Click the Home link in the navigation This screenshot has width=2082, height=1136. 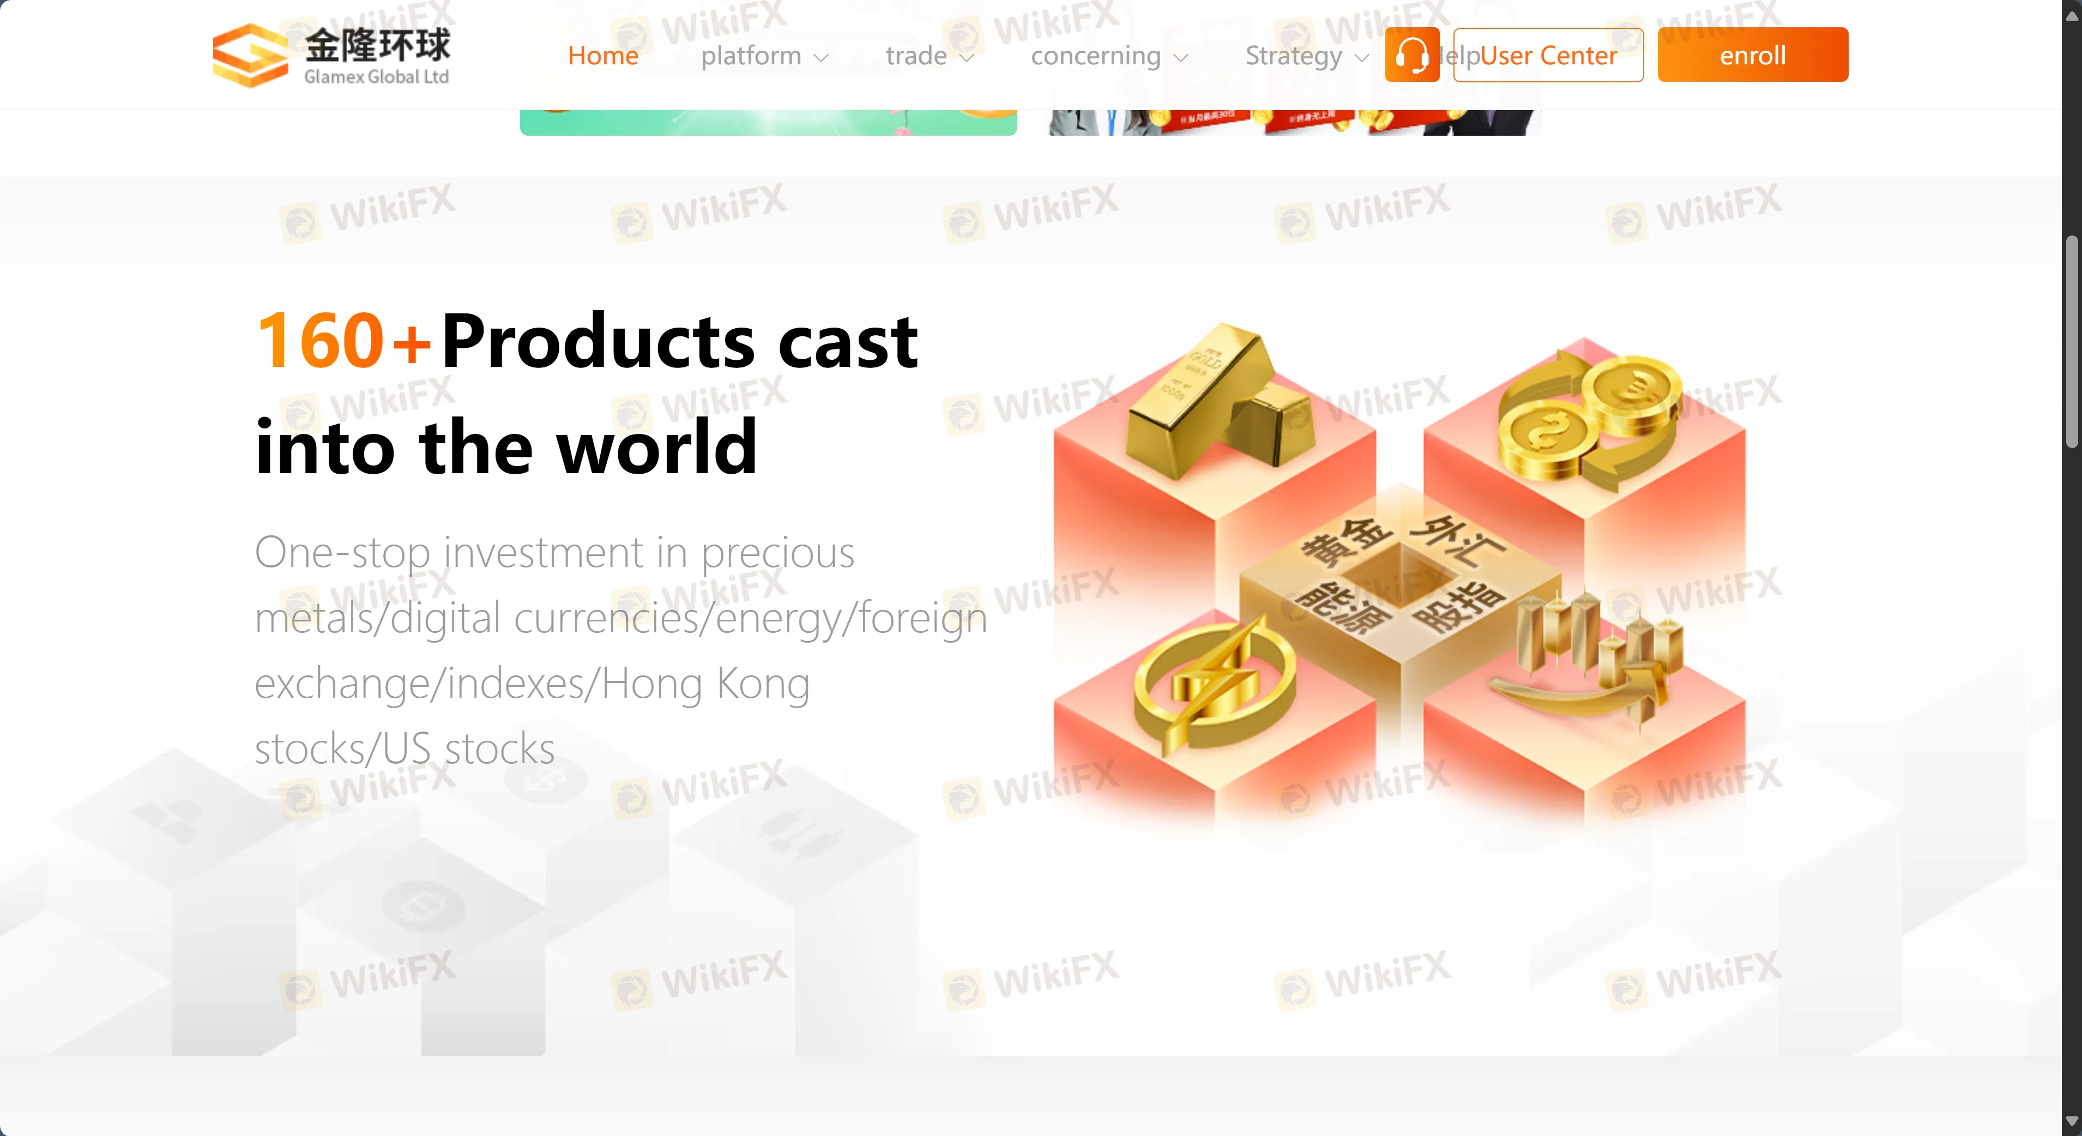603,56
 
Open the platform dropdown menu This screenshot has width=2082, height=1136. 764,56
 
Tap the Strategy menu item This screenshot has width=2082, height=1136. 1305,56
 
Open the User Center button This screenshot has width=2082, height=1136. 1548,55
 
